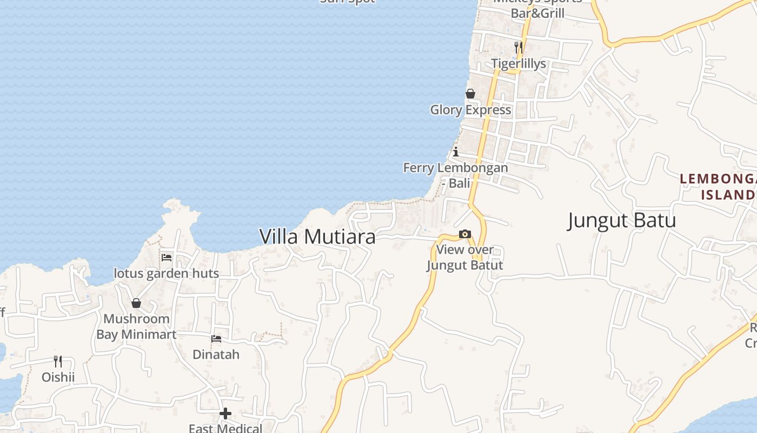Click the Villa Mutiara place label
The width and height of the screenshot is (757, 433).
click(317, 237)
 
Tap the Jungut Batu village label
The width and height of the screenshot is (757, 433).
click(622, 221)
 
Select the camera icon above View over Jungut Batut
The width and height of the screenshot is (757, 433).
click(464, 234)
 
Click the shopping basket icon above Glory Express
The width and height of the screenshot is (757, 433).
click(470, 94)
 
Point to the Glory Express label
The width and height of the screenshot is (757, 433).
click(470, 110)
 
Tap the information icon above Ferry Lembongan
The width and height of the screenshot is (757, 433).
click(456, 152)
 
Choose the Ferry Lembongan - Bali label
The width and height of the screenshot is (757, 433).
click(456, 175)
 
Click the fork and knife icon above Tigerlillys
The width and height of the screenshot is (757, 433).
click(518, 47)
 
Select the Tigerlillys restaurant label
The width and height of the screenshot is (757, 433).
click(519, 64)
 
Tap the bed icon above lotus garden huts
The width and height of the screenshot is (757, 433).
click(167, 257)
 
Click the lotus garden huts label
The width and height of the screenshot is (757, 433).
click(166, 273)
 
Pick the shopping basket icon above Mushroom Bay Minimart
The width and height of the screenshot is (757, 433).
click(136, 303)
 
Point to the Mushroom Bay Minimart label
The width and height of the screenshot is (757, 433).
click(136, 326)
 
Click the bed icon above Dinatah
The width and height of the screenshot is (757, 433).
click(216, 339)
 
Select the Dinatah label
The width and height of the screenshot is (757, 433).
click(216, 355)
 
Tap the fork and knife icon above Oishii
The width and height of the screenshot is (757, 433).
click(58, 361)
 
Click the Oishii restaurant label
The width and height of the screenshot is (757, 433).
click(58, 377)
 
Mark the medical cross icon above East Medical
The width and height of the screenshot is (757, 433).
click(225, 414)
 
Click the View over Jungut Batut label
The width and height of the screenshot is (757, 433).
click(465, 257)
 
